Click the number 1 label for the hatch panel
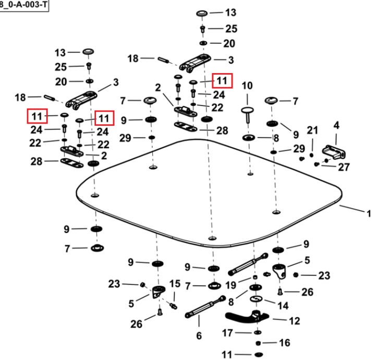click(x=369, y=213)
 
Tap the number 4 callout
click(x=336, y=125)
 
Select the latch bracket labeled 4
click(x=334, y=152)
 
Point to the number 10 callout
click(x=247, y=86)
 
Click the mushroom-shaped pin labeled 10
click(x=248, y=114)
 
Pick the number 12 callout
click(x=294, y=321)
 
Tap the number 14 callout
click(x=283, y=306)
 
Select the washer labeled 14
click(x=256, y=298)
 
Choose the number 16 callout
click(x=285, y=343)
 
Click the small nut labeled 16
click(x=259, y=343)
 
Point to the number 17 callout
click(x=227, y=333)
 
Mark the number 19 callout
click(x=230, y=285)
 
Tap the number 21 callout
click(x=312, y=130)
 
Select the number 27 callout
click(x=344, y=167)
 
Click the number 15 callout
click(x=175, y=284)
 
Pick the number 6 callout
click(x=199, y=336)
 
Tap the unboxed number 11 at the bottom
click(x=227, y=355)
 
